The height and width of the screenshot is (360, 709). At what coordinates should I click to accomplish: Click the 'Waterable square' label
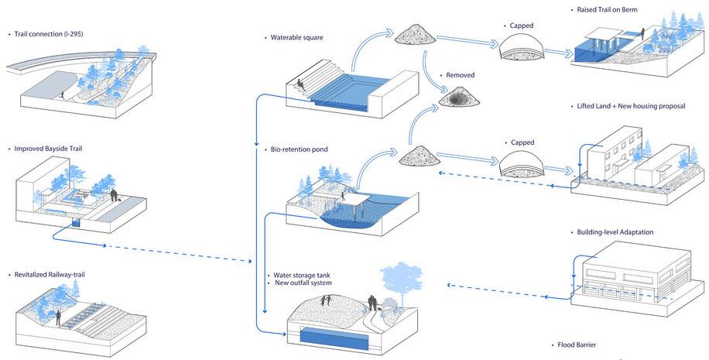pyautogui.click(x=296, y=37)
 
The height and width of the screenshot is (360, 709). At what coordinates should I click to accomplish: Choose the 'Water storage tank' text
pyautogui.click(x=302, y=275)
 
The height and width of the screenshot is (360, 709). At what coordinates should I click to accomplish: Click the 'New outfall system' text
pyautogui.click(x=303, y=283)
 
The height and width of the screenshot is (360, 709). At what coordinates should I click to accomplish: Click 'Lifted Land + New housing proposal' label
pyautogui.click(x=631, y=105)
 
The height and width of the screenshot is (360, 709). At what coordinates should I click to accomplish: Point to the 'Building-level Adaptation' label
pyautogui.click(x=615, y=232)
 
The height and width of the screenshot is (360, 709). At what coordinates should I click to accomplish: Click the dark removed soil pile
pyautogui.click(x=459, y=98)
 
